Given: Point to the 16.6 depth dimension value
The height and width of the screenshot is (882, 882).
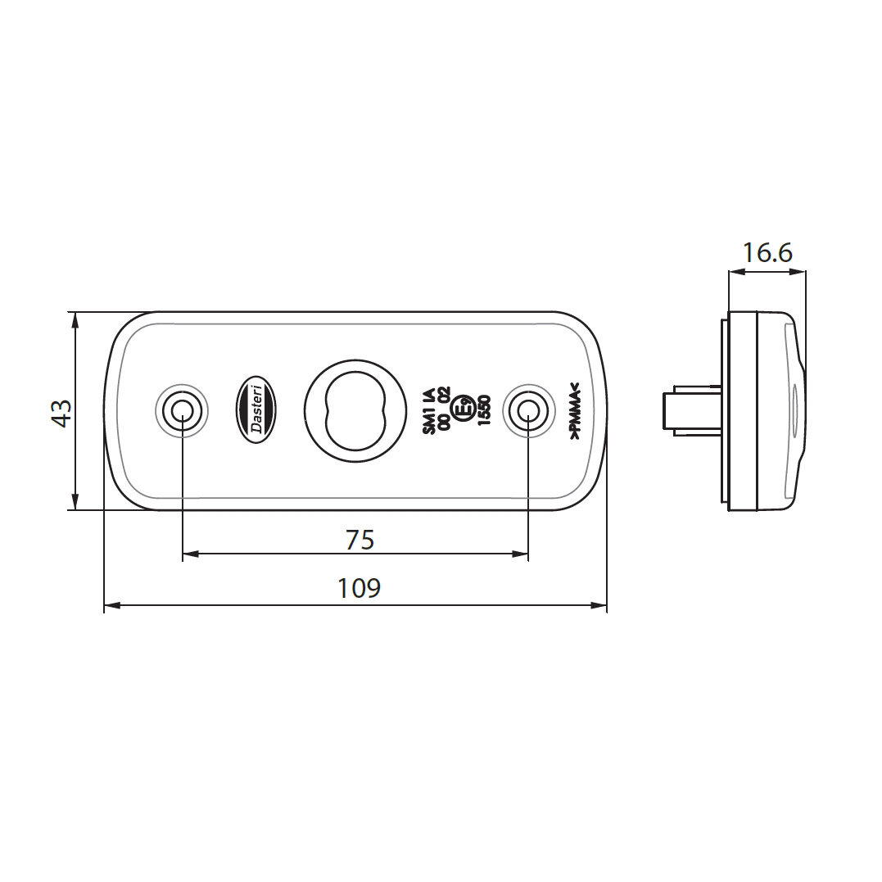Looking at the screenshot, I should pyautogui.click(x=767, y=253).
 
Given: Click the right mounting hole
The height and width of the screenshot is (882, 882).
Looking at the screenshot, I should pyautogui.click(x=527, y=409).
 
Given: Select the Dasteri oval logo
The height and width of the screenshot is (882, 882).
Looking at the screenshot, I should pyautogui.click(x=256, y=409).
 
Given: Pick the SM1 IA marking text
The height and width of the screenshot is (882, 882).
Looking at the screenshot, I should pyautogui.click(x=427, y=409).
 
